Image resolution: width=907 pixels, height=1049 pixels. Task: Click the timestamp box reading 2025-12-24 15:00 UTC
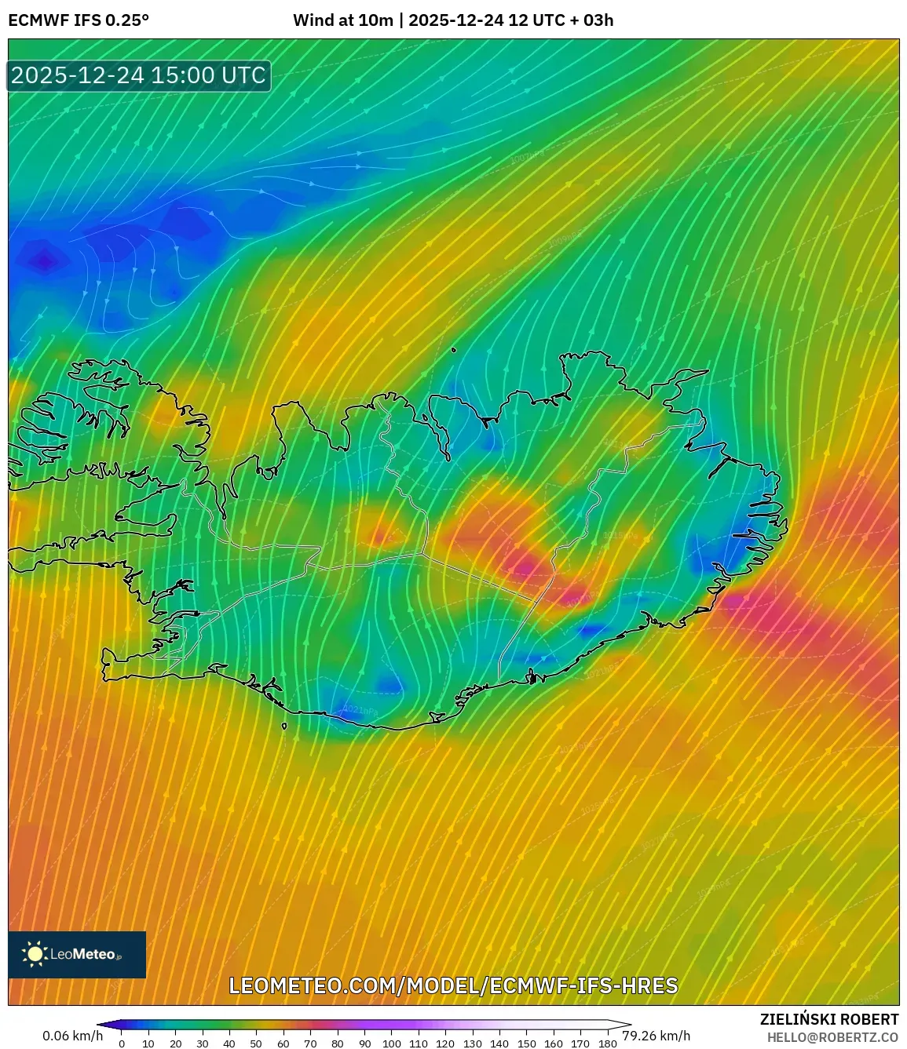click(x=139, y=75)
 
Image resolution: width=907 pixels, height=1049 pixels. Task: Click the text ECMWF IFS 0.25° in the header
click(x=79, y=20)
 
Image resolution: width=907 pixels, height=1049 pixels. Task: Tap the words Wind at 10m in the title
click(x=342, y=20)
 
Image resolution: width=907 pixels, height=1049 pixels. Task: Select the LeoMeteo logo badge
click(x=77, y=954)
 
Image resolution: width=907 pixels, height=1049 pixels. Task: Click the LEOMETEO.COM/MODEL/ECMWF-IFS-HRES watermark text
click(x=453, y=985)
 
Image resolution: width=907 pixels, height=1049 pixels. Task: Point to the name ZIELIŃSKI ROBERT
click(x=829, y=1019)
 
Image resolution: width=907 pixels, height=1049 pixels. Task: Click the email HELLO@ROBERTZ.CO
click(x=832, y=1037)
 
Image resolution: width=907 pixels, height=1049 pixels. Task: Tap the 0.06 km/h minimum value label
click(x=72, y=1036)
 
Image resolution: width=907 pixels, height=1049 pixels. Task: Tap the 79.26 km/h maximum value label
click(x=656, y=1036)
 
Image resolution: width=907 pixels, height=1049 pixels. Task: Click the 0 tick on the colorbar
click(x=122, y=1044)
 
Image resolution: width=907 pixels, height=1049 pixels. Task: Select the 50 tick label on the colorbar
click(x=256, y=1044)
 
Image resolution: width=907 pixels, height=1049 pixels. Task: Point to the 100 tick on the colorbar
click(x=391, y=1044)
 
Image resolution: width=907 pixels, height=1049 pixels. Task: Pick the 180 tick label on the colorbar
click(x=607, y=1044)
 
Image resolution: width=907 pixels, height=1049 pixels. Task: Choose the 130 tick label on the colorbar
click(x=472, y=1044)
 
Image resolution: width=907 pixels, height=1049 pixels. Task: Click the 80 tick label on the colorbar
click(x=337, y=1044)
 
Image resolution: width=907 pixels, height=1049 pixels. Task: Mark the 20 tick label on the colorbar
click(x=175, y=1044)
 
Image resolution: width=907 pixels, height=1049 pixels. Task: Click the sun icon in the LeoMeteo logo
click(x=35, y=954)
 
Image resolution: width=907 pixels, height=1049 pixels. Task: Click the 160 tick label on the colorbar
click(x=553, y=1044)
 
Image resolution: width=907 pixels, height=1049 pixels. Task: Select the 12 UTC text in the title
click(x=530, y=20)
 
